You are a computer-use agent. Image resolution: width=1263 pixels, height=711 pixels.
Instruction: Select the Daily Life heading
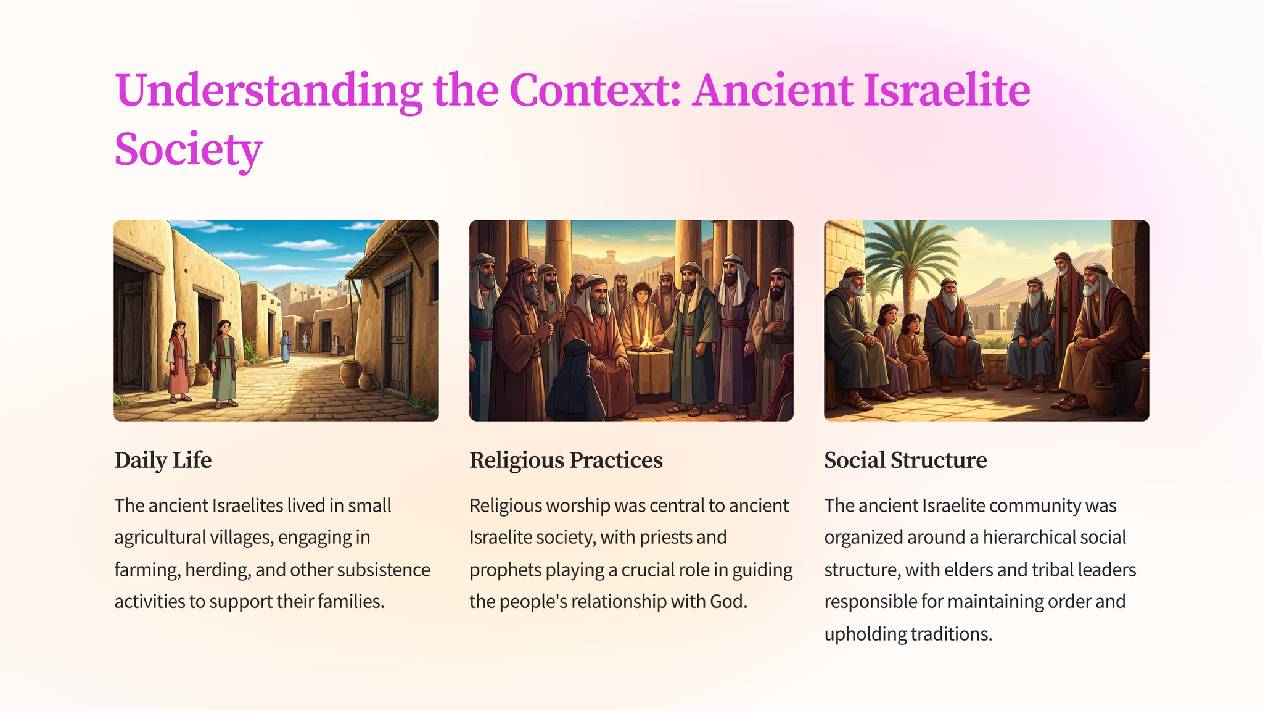[x=163, y=460]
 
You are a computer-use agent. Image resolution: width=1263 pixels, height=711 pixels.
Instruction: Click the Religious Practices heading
[x=566, y=460]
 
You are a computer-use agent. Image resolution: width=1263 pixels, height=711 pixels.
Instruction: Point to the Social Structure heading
[x=905, y=460]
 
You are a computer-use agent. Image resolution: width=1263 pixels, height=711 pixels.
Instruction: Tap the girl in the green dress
[x=223, y=364]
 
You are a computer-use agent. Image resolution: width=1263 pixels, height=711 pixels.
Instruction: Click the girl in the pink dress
[x=179, y=362]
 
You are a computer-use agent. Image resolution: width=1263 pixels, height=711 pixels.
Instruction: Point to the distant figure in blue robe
[x=285, y=346]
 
